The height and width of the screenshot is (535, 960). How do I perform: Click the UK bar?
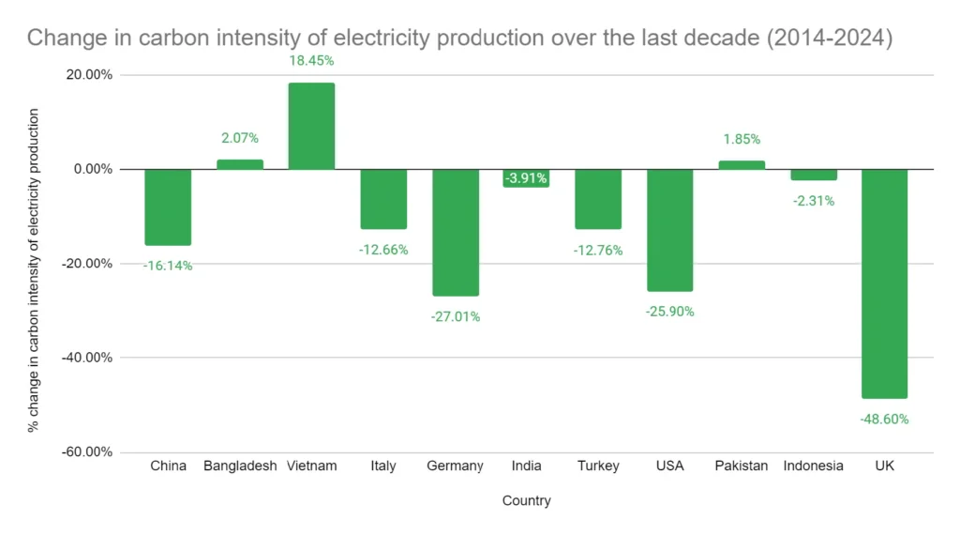884,283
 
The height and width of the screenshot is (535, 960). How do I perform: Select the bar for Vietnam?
311,127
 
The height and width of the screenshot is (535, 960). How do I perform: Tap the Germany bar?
455,232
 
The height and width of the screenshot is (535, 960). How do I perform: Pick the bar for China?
168,206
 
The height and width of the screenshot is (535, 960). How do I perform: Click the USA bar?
669,230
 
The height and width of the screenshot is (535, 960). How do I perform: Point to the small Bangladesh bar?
240,164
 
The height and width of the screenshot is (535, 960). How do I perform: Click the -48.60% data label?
884,420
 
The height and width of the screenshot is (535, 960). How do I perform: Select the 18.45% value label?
311,61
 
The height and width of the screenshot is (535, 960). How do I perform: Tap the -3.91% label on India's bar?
526,178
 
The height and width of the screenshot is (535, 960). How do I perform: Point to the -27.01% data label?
455,316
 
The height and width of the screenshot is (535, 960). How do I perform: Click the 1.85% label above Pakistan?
741,139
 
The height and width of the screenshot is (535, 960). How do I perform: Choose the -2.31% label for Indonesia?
812,201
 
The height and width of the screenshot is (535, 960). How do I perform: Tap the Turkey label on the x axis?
598,466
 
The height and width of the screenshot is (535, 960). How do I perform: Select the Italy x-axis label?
383,466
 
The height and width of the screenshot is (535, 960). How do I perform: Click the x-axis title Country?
526,501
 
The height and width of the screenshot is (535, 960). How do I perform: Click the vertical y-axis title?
34,269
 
